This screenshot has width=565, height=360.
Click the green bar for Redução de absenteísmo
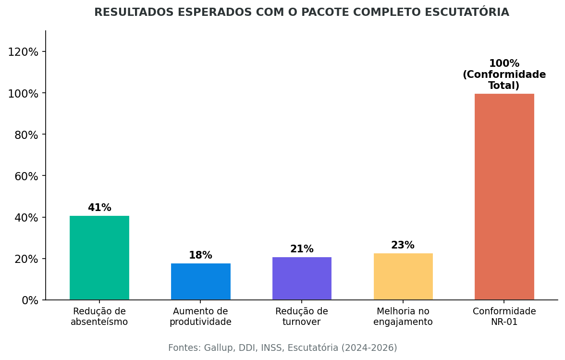[x=99, y=258]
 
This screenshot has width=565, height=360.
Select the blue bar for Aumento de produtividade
[x=200, y=282]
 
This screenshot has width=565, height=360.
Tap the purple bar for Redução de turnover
[x=302, y=278]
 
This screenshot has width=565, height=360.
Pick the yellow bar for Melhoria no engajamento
[x=403, y=276]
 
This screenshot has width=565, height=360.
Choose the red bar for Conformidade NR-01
[x=504, y=197]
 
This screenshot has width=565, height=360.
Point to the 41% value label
[x=99, y=208]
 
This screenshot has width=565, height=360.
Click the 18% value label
[x=200, y=256]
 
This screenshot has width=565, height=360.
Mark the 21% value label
[x=302, y=249]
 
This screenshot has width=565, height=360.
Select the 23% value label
[x=403, y=246]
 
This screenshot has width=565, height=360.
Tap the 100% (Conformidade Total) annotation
[x=504, y=75]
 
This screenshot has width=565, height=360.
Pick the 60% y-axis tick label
[x=26, y=176]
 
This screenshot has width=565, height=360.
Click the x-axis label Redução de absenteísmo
[x=99, y=317]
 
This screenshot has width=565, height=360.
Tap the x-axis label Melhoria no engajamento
[x=403, y=317]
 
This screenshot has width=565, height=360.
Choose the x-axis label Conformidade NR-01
[x=504, y=317]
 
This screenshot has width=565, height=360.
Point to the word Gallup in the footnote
[x=219, y=348]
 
